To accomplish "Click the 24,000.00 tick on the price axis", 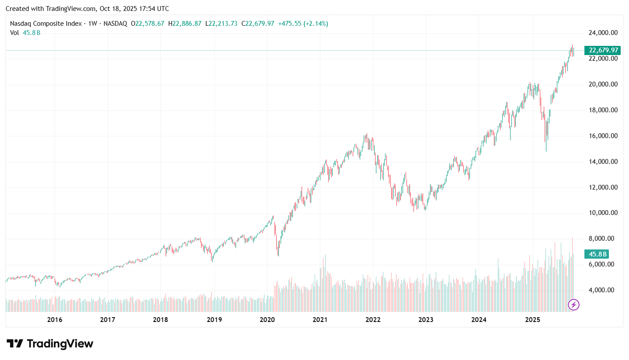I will pyautogui.click(x=603, y=33).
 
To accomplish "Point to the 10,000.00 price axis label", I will pyautogui.click(x=603, y=213).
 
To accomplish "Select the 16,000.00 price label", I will pyautogui.click(x=603, y=136).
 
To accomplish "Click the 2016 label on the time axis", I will pyautogui.click(x=55, y=320).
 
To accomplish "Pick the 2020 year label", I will pyautogui.click(x=267, y=320).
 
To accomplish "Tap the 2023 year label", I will pyautogui.click(x=426, y=320).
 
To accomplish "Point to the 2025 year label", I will pyautogui.click(x=532, y=320).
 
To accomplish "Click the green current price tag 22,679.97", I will pyautogui.click(x=603, y=50).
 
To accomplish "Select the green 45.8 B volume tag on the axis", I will pyautogui.click(x=597, y=254).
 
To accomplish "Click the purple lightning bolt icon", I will pyautogui.click(x=573, y=305).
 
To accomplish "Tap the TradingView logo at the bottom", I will pyautogui.click(x=50, y=344).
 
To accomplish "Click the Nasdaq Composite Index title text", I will pyautogui.click(x=46, y=24).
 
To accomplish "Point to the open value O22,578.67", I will pyautogui.click(x=147, y=24).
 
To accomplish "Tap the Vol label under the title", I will pyautogui.click(x=14, y=33).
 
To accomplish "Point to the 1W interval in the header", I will pyautogui.click(x=93, y=24).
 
